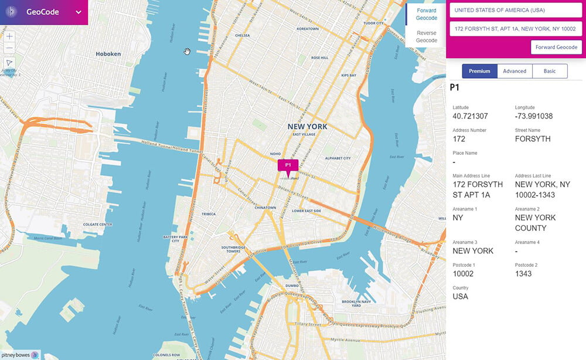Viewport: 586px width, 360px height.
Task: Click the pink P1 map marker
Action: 288,166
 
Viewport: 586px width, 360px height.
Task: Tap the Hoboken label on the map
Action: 108,54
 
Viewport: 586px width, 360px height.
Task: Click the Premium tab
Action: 479,71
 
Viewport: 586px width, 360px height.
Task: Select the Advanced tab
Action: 515,71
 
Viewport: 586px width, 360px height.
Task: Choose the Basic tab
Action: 550,71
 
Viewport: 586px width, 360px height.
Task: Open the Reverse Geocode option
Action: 426,37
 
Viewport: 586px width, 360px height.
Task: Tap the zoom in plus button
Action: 9,36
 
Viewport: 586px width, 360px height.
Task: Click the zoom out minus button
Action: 9,47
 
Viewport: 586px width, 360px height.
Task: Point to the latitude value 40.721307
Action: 470,116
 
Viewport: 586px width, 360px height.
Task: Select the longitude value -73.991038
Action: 533,116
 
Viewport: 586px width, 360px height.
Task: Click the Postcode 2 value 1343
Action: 524,274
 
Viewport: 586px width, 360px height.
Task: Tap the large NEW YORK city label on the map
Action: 307,127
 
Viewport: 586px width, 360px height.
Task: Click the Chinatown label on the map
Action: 265,208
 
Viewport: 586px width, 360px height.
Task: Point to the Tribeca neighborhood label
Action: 208,214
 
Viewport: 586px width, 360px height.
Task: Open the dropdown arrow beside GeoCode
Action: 78,12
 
